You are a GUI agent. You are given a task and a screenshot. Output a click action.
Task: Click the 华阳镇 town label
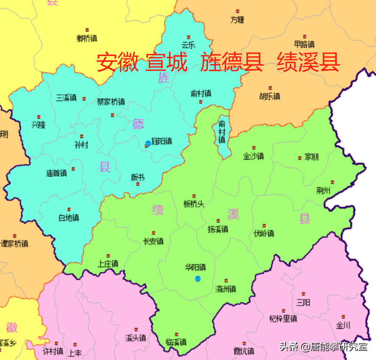point(195,268)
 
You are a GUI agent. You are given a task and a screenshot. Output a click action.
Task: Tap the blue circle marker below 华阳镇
point(198,279)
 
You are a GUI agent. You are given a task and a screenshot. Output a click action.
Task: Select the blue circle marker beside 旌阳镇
point(148,143)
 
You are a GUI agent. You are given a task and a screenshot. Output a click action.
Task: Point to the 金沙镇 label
point(253,156)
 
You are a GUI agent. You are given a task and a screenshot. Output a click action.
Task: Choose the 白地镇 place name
point(69,218)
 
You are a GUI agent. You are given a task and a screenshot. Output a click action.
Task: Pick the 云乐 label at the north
point(188,45)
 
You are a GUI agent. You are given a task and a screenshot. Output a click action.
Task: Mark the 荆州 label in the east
point(323,190)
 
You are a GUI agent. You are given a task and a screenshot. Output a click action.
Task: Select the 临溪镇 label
point(176,342)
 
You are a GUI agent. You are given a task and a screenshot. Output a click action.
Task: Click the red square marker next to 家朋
point(300,158)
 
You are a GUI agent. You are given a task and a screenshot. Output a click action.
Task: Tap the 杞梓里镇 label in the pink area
point(283,318)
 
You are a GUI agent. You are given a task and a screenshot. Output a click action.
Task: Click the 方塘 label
point(238,20)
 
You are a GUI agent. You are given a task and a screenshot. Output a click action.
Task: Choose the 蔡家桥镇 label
point(111,102)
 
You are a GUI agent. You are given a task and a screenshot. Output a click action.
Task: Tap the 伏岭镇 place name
point(264,233)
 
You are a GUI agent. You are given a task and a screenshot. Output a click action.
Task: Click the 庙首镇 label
point(56,173)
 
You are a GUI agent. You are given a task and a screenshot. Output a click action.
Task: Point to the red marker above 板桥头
point(194,196)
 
